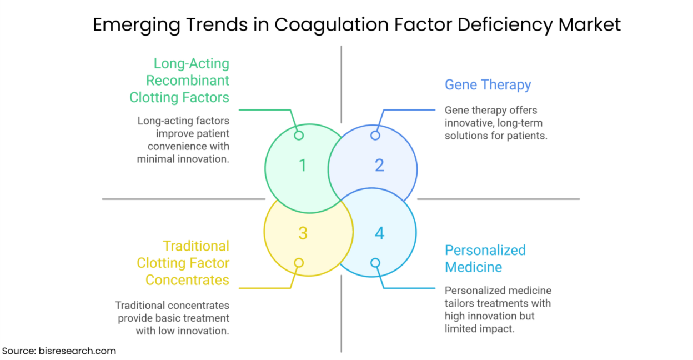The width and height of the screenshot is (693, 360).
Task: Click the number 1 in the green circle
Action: [x=303, y=166]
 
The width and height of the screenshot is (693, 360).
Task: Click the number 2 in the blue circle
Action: [x=380, y=166]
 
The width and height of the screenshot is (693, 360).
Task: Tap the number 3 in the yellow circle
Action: [x=303, y=233]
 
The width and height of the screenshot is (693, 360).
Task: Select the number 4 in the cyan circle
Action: [x=380, y=233]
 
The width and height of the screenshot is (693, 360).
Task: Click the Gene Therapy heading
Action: [x=488, y=85]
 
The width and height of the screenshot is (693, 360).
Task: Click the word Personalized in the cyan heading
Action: [x=485, y=250]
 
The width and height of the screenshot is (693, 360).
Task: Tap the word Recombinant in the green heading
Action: [x=188, y=81]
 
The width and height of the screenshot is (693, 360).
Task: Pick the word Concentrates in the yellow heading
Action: [x=187, y=280]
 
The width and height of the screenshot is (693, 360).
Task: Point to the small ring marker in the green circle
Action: [x=299, y=135]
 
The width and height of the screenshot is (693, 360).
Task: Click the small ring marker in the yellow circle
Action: [x=299, y=263]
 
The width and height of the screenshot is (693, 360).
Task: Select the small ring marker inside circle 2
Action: [x=375, y=135]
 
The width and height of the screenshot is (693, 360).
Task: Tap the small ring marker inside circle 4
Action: [x=375, y=263]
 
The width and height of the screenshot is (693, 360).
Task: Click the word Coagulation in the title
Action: [x=332, y=25]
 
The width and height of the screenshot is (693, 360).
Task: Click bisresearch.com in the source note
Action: [x=77, y=351]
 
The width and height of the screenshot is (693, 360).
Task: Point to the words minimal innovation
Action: [x=183, y=159]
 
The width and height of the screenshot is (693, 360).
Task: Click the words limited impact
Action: [x=480, y=329]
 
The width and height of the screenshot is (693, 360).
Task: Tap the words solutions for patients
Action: [x=496, y=136]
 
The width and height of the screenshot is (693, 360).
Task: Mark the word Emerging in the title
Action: [x=137, y=26]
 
